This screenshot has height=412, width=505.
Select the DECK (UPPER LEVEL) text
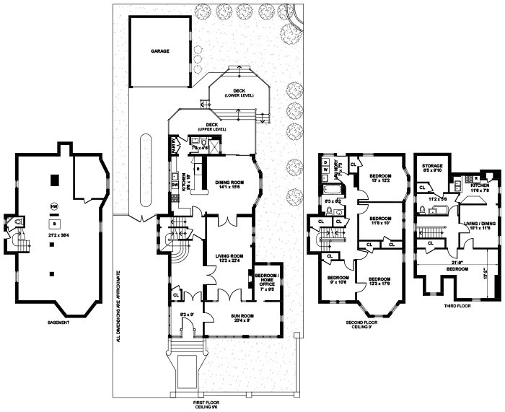click(211, 126)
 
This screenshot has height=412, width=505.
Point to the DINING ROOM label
click(229, 183)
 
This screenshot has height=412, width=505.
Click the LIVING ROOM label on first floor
click(227, 255)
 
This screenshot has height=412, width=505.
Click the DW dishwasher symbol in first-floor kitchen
click(175, 185)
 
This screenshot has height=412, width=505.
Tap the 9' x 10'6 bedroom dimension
click(337, 282)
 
